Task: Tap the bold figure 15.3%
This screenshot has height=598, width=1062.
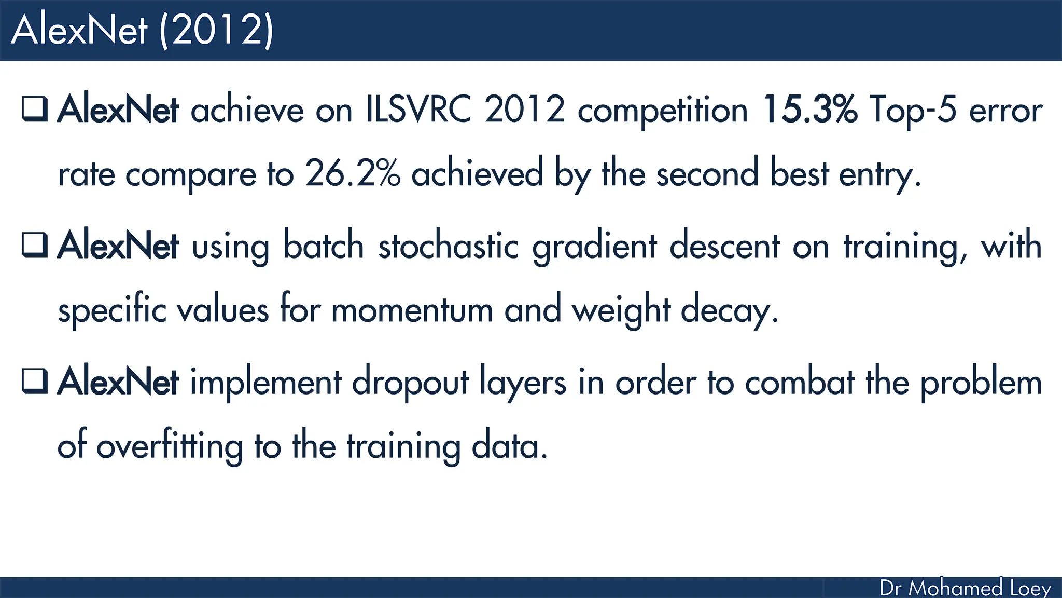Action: pos(809,110)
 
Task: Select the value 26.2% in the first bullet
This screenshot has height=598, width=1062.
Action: pos(353,173)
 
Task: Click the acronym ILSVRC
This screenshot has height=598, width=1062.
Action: pos(418,110)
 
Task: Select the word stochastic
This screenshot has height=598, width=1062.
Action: pos(448,246)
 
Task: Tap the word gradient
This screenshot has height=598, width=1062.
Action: pos(594,247)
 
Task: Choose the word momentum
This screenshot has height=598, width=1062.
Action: pos(412,310)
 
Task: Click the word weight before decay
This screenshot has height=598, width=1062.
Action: pos(621,310)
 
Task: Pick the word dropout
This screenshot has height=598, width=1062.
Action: pos(410,383)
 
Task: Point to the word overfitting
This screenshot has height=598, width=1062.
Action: pos(169,446)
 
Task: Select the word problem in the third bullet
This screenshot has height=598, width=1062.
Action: pos(981,383)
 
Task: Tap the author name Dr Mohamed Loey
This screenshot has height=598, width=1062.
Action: pos(965,588)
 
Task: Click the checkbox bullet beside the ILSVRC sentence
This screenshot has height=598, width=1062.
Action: pos(35,108)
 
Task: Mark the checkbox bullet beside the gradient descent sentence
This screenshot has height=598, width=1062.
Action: pos(35,244)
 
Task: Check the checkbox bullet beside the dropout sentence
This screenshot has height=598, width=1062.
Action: pos(35,380)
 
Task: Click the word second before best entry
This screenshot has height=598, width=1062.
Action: pos(707,173)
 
